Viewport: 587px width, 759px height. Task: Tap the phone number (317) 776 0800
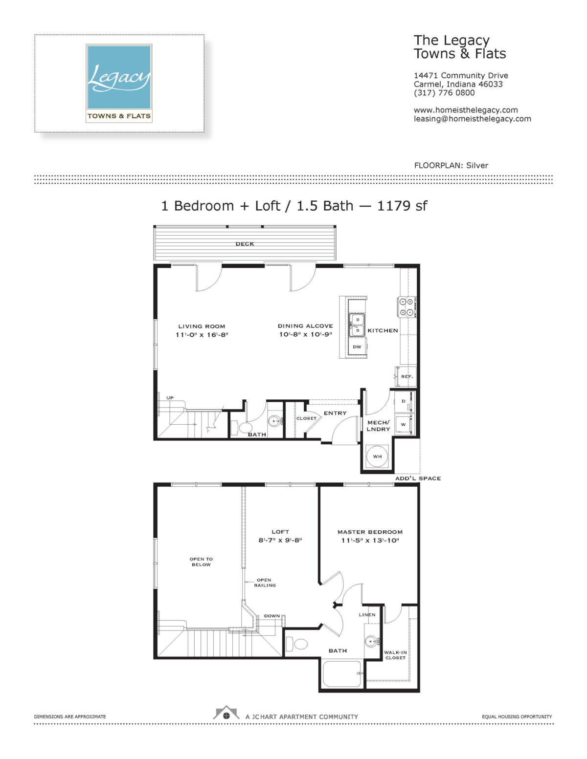click(444, 93)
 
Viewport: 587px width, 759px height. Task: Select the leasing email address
click(473, 119)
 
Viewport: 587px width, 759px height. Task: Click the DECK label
click(245, 244)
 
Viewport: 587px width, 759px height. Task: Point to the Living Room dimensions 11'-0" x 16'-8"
click(202, 335)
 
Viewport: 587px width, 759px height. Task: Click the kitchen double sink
click(357, 325)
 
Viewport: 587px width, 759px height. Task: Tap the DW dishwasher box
click(357, 347)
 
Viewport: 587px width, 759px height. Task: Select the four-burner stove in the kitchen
click(406, 307)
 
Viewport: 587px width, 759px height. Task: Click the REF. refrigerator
click(406, 376)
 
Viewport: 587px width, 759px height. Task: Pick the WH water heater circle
click(377, 456)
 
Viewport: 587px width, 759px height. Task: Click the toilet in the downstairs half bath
click(242, 428)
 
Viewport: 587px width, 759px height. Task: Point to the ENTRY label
click(335, 413)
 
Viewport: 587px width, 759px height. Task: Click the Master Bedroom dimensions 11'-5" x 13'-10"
click(370, 541)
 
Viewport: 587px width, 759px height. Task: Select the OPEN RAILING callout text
click(265, 583)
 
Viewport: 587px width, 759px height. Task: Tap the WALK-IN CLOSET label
click(395, 655)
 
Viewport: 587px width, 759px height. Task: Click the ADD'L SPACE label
click(418, 478)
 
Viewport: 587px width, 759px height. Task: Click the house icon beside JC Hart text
click(226, 713)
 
